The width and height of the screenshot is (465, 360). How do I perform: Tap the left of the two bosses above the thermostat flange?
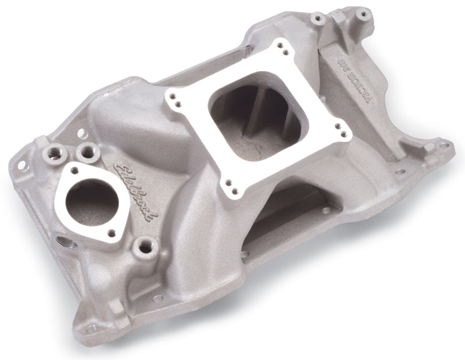click(54, 155)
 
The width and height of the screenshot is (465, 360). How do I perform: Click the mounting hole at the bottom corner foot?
click(92, 329)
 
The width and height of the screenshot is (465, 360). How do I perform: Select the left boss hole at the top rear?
click(317, 19)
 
